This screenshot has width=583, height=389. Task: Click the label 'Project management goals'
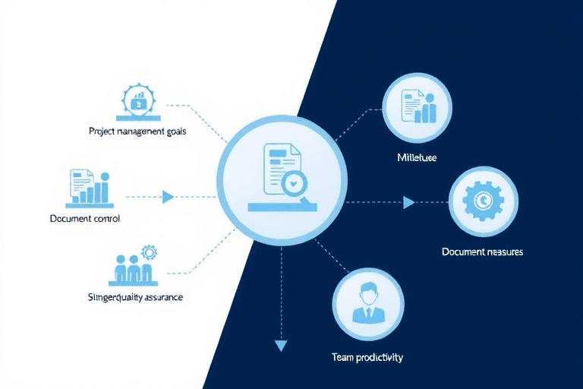coord(137,131)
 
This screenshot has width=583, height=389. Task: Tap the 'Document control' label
coord(84,218)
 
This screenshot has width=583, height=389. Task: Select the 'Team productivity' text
coord(367,356)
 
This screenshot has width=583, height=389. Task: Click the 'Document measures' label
coord(482,251)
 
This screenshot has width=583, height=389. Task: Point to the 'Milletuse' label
coord(417,158)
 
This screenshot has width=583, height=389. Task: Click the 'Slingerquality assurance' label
coord(136,297)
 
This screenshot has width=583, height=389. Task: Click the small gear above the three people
coord(148,251)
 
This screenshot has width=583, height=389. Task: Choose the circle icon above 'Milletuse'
coord(418,107)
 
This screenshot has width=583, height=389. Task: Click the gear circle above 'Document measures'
coord(482,201)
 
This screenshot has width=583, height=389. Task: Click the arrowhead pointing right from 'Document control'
coord(169,197)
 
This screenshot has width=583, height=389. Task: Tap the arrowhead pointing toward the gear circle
coord(408,202)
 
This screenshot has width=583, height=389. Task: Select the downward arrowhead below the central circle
coord(282,346)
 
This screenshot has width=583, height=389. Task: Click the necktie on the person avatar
coord(367,313)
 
